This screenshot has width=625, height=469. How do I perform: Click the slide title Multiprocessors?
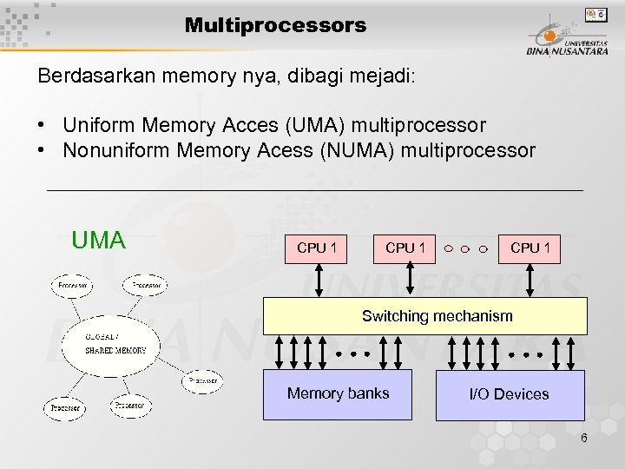tap(275, 25)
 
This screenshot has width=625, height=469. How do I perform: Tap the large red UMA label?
tap(99, 240)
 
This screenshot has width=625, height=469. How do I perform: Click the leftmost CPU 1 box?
tap(319, 248)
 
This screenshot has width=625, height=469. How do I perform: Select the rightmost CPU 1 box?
tap(530, 248)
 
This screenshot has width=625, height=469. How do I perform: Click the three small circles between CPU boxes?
tap(465, 249)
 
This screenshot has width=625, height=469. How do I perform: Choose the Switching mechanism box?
tap(437, 316)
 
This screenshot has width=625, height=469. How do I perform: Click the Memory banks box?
tap(338, 394)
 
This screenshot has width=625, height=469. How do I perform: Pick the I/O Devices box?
tap(509, 394)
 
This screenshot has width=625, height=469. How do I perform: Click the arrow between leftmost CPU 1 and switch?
tap(319, 281)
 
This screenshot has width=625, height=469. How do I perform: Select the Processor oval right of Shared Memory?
tap(201, 380)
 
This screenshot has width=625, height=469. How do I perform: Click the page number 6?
tap(584, 438)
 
